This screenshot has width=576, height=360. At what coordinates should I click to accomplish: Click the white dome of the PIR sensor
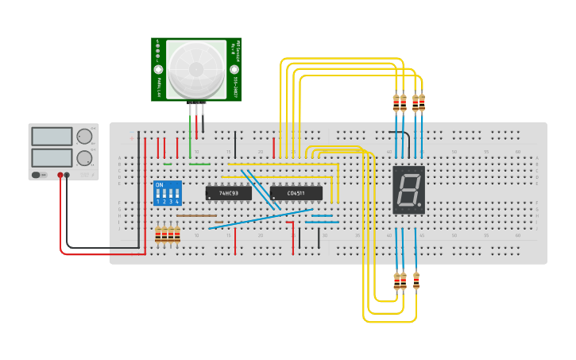point(196,69)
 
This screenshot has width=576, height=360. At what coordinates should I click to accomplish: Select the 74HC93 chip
point(228,193)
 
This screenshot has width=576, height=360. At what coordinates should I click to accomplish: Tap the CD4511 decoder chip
point(296,193)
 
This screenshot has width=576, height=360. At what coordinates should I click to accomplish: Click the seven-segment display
point(408,190)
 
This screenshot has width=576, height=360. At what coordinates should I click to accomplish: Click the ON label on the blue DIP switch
point(160,185)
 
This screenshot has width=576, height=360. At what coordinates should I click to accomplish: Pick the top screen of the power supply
point(52,137)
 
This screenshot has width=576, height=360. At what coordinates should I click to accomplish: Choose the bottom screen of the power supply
point(52,157)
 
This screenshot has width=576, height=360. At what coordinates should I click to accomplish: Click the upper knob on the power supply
point(84,137)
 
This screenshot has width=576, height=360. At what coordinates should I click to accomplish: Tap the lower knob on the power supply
point(84,157)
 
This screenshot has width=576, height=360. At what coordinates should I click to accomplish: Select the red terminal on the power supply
point(60,175)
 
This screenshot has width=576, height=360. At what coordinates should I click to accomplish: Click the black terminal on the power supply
point(67,175)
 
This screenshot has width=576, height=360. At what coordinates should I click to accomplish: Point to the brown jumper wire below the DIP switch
point(196,215)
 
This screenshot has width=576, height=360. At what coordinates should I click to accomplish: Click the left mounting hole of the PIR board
point(159,70)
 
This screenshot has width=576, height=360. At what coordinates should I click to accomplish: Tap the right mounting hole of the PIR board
point(234,70)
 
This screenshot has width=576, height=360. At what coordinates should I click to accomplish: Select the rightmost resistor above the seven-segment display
point(422,103)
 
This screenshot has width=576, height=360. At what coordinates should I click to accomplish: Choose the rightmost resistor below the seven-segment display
point(416,281)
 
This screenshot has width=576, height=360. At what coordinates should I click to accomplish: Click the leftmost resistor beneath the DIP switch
point(158,234)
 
